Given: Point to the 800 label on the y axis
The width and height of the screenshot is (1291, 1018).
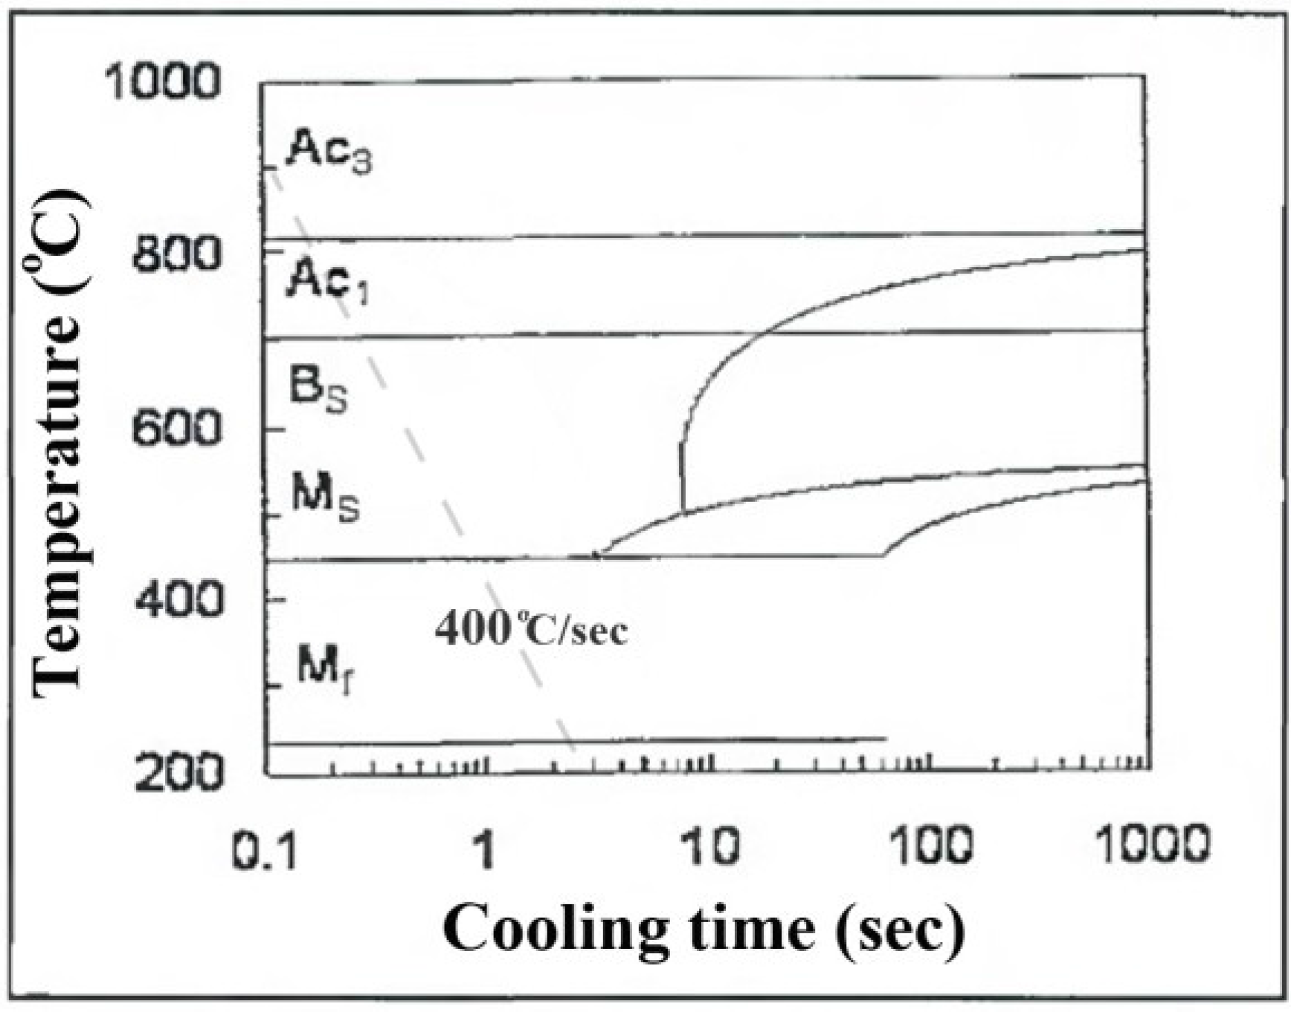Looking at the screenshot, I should pyautogui.click(x=176, y=255).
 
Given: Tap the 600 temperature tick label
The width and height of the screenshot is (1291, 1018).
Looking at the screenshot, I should pyautogui.click(x=176, y=429).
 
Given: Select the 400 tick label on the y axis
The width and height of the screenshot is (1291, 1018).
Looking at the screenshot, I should pyautogui.click(x=178, y=599).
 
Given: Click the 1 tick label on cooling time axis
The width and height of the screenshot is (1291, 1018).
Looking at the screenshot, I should pyautogui.click(x=485, y=848).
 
